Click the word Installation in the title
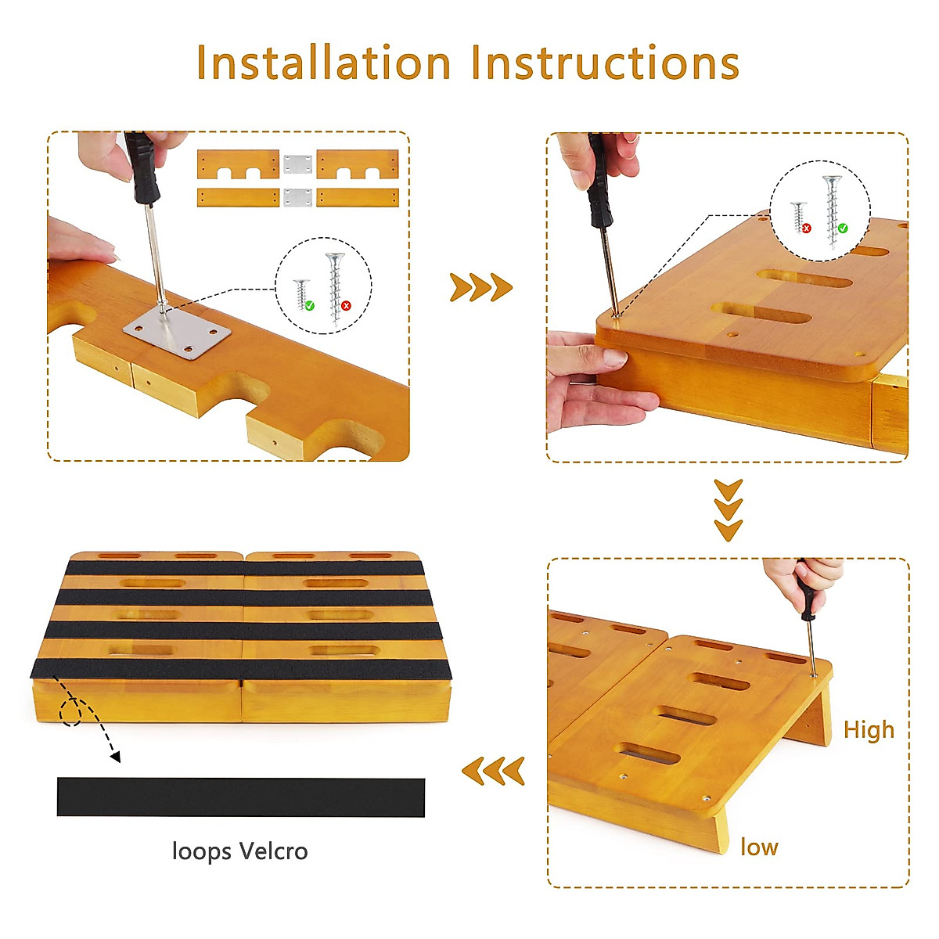pos(323,63)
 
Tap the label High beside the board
pos(869,730)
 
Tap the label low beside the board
pos(759,847)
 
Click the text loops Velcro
pos(239,851)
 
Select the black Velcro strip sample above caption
pos(240,797)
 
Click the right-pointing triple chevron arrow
pos(480,288)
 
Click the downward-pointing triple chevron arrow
pos(729,511)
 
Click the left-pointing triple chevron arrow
pos(493,772)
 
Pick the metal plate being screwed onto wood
pos(178,333)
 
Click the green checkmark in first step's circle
pos(310,305)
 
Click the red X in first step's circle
pos(346,306)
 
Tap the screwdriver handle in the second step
pos(599,180)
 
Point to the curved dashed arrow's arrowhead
pos(116,757)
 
